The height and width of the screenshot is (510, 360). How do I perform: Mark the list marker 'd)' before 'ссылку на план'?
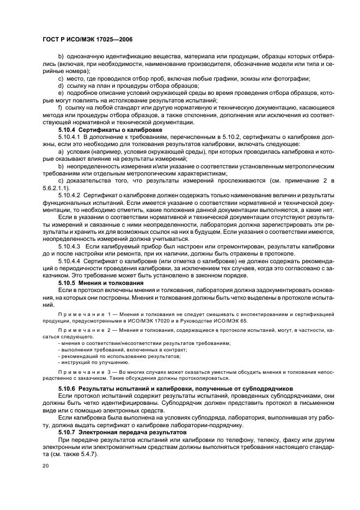[60, 86]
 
